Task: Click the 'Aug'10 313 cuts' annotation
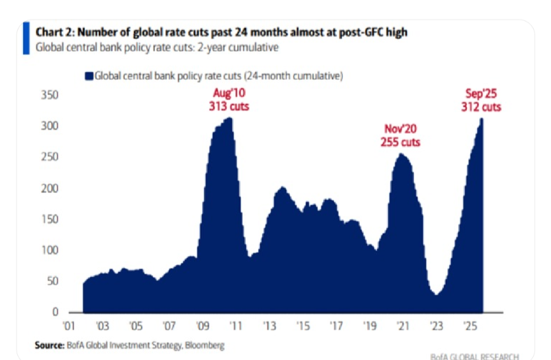229,101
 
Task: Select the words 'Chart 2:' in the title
54,32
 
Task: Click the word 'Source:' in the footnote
49,345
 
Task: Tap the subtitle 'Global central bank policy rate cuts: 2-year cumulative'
156,47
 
